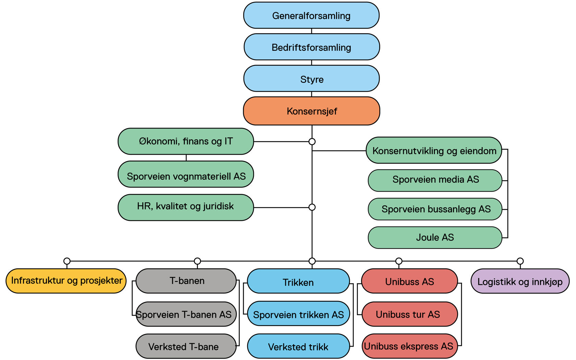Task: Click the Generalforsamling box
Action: point(311,15)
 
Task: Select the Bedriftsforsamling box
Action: point(311,47)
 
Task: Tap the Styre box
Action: point(311,79)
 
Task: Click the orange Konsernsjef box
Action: point(311,111)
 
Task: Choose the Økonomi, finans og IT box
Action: point(185,141)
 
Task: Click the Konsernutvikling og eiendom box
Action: point(434,151)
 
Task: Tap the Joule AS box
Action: point(435,238)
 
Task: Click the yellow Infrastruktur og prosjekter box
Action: point(66,281)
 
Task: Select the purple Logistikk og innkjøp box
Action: point(520,281)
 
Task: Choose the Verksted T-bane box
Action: point(186,346)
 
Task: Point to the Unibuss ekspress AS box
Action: point(409,346)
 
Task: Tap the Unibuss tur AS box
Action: point(409,314)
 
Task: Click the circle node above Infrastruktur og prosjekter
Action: point(67,261)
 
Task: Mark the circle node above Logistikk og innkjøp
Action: point(520,261)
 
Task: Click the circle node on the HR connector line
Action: point(312,207)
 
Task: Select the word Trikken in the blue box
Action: point(298,283)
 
